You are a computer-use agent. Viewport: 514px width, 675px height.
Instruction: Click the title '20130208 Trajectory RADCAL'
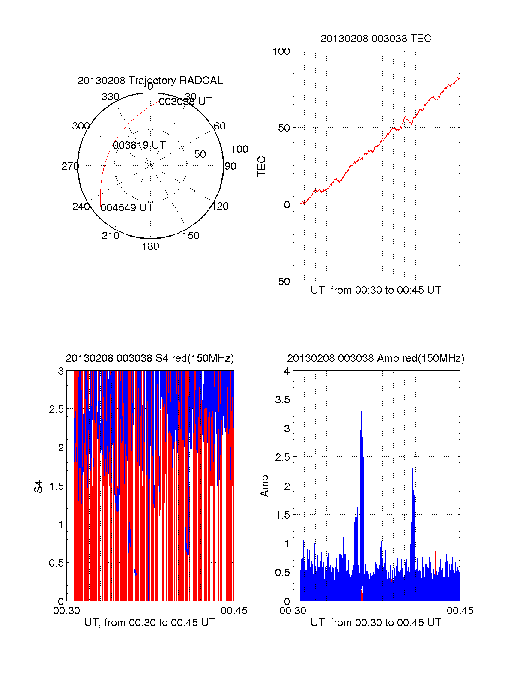point(150,81)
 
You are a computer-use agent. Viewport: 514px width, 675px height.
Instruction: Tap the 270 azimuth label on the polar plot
point(70,166)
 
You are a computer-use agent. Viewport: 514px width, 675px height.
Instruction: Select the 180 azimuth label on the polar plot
point(150,246)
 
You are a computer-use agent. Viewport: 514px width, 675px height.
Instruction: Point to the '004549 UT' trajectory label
point(127,208)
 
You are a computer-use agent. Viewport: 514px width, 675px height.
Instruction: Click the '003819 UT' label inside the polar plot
point(139,145)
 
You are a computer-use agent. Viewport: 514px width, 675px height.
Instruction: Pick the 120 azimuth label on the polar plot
point(220,206)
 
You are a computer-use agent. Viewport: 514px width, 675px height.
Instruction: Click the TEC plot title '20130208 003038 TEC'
point(376,39)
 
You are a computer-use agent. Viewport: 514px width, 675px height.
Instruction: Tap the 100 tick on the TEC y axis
point(281,51)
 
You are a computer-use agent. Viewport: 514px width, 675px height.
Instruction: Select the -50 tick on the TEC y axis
point(282,282)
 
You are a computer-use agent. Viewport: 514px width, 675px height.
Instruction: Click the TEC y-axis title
point(262,166)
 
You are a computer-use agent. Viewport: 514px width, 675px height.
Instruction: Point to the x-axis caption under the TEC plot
point(376,290)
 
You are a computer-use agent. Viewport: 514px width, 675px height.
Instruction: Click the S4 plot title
point(150,358)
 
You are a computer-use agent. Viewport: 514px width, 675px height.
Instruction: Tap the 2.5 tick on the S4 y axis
point(57,409)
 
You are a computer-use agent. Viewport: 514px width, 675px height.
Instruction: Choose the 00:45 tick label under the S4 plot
point(234,611)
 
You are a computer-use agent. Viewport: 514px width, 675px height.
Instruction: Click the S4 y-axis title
point(39,486)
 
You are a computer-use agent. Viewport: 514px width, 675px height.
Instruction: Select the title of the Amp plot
point(376,358)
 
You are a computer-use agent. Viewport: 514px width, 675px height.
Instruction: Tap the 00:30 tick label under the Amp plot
point(293,611)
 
